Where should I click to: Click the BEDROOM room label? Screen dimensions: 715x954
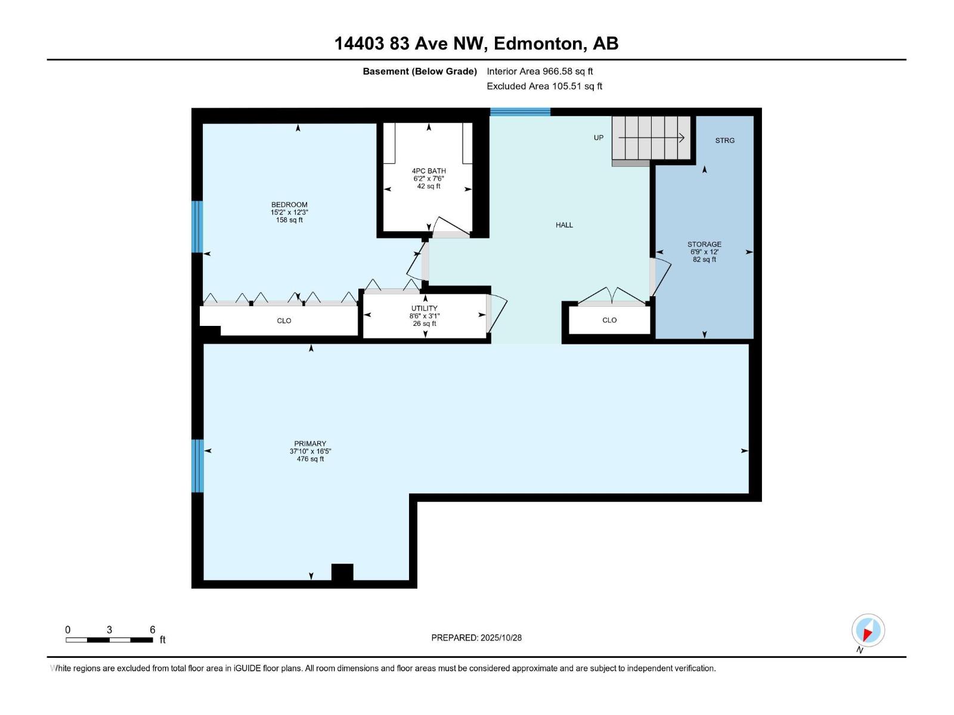point(289,204)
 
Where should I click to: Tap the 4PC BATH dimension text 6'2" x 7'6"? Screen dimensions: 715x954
point(429,179)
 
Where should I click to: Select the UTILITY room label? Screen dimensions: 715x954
point(424,308)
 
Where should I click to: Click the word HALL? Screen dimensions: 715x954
point(564,225)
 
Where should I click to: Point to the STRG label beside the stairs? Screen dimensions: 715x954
point(724,141)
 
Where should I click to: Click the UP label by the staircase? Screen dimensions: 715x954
point(598,138)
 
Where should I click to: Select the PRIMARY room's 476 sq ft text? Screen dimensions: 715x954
point(310,459)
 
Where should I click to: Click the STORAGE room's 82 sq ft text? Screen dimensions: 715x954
point(704,260)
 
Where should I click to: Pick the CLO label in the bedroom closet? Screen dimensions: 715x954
point(284,321)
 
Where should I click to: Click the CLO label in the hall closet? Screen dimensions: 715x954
point(609,320)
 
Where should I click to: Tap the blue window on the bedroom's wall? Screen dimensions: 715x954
point(197,226)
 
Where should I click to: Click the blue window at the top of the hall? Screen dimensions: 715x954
point(520,111)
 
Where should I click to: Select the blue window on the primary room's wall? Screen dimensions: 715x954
point(197,466)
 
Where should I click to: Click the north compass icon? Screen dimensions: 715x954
point(868,630)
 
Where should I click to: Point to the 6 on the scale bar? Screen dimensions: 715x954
point(153,630)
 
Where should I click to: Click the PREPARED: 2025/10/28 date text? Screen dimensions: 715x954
point(476,638)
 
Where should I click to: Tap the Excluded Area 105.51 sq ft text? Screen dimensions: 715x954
point(544,86)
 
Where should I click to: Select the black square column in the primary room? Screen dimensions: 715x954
point(342,571)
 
